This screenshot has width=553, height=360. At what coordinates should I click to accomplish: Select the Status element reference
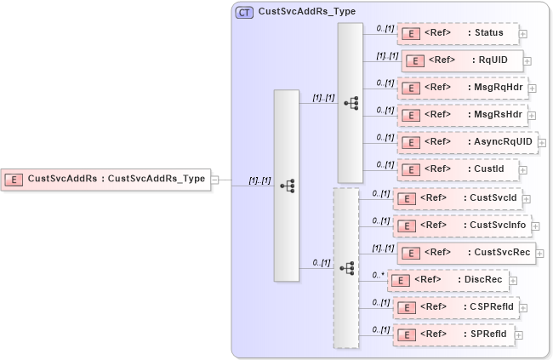(458, 33)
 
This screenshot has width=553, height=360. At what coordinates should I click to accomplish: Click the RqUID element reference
(462, 60)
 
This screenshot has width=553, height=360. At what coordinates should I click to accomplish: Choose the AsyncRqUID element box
(467, 141)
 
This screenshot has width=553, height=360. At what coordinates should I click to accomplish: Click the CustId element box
(458, 169)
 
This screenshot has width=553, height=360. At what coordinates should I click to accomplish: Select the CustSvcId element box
(456, 197)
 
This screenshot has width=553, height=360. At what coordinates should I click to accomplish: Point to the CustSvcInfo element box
(462, 225)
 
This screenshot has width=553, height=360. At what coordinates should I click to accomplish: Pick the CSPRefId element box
(457, 306)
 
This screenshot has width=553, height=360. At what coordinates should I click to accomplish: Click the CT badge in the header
(244, 12)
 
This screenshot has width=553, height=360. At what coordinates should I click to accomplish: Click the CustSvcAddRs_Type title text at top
(307, 12)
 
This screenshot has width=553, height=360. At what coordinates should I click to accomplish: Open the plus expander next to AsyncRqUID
(542, 143)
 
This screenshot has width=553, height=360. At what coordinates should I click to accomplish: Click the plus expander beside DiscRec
(513, 280)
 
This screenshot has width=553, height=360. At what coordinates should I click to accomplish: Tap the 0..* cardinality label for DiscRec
(377, 275)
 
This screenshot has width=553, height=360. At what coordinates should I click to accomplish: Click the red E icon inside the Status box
(412, 34)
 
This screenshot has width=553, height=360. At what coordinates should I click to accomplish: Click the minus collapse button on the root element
(215, 180)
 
